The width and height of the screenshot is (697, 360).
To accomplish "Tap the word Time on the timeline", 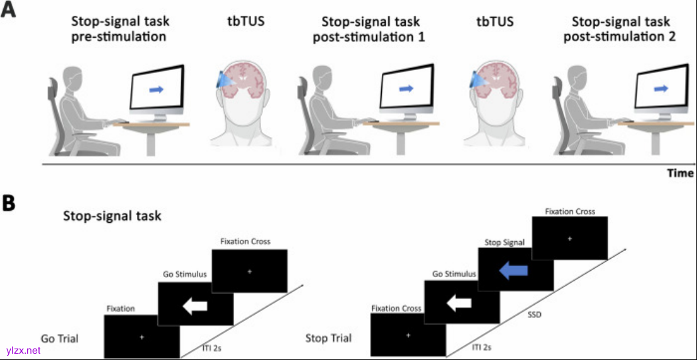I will pos(680,173).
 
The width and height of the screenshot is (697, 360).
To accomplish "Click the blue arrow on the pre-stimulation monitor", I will pos(156,90).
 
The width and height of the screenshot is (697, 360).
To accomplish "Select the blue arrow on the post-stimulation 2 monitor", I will pos(661,89).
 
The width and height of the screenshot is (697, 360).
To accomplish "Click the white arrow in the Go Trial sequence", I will pos(194,306).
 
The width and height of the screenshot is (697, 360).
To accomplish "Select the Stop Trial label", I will pos(328,339).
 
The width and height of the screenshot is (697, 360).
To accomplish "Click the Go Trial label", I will pos(60,339).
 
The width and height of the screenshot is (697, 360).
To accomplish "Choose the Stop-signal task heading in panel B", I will pos(112,216).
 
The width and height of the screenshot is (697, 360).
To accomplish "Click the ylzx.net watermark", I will pos(23,350).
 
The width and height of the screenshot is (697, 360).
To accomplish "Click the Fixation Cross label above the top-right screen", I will pos(569,211).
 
